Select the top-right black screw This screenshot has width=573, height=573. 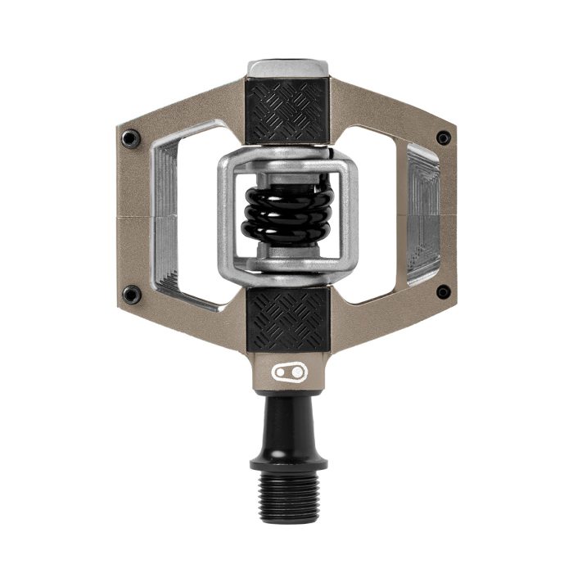coord(443,138)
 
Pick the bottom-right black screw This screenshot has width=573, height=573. coord(443,291)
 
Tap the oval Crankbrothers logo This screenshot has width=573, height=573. coord(287,373)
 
